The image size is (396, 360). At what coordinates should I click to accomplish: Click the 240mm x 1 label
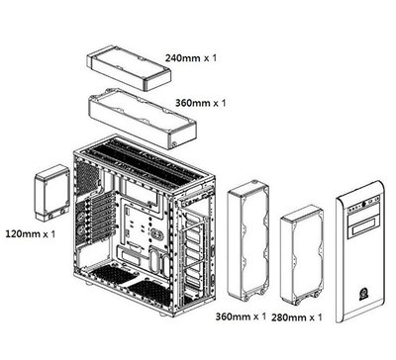190,59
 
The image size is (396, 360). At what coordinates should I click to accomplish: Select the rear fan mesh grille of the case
90,177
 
